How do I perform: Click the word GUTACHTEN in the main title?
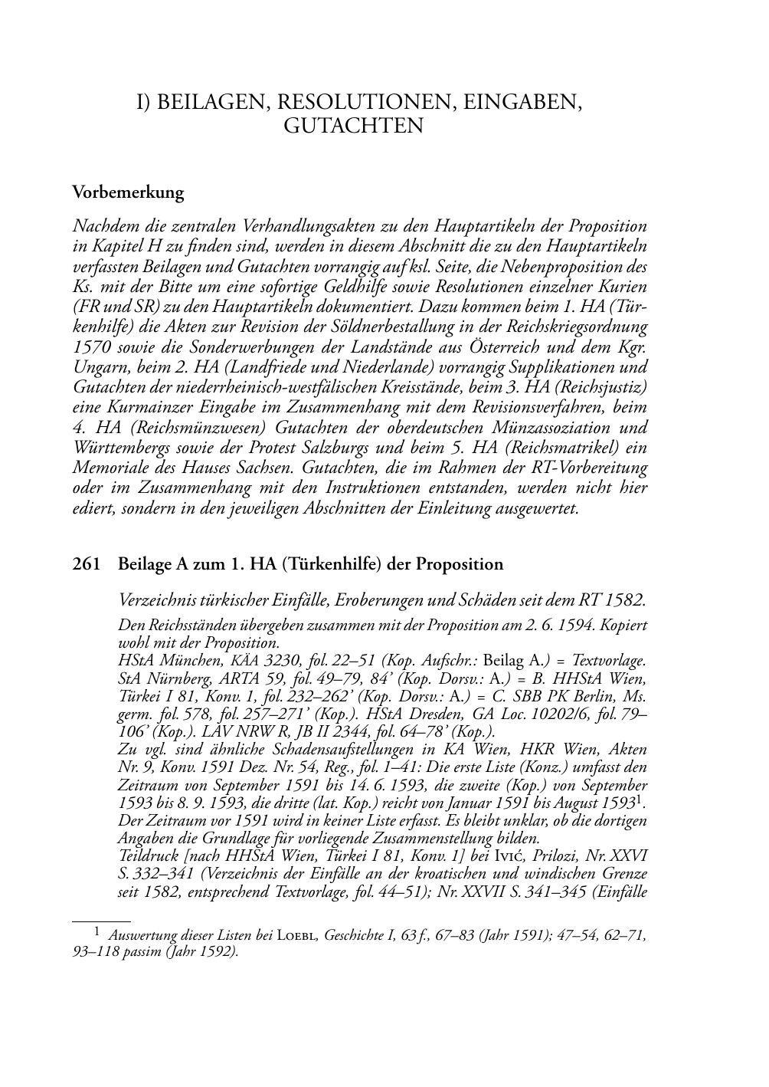click(353, 126)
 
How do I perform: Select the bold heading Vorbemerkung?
click(128, 192)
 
